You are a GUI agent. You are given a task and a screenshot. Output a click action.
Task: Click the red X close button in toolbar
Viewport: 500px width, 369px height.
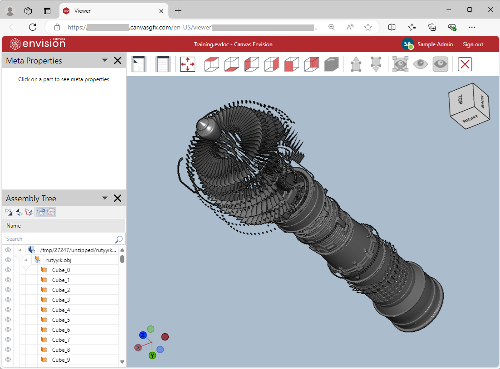pyautogui.click(x=465, y=64)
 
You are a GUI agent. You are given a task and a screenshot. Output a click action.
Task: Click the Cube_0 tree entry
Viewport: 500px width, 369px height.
pyautogui.click(x=61, y=270)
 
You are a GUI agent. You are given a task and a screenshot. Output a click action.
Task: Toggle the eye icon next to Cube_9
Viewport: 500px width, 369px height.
pyautogui.click(x=8, y=360)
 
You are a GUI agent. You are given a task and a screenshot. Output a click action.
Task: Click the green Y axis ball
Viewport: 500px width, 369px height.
pyautogui.click(x=152, y=355)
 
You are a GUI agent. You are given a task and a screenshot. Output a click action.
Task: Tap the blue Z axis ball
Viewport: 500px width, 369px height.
pyautogui.click(x=143, y=335)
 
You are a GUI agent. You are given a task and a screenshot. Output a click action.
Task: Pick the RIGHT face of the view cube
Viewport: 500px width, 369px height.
pyautogui.click(x=471, y=119)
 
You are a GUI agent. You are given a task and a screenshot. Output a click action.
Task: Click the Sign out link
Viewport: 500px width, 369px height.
pyautogui.click(x=473, y=44)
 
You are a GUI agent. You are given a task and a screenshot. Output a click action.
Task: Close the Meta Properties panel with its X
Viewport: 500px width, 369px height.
pyautogui.click(x=118, y=60)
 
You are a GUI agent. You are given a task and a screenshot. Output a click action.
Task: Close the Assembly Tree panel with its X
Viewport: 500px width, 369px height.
pyautogui.click(x=118, y=198)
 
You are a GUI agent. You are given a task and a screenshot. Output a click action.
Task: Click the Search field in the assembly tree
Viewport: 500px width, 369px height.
pyautogui.click(x=59, y=239)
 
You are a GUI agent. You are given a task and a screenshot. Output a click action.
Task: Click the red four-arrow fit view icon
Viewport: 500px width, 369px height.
pyautogui.click(x=187, y=64)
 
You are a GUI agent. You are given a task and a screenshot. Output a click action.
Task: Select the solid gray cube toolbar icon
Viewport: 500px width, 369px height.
pyautogui.click(x=332, y=64)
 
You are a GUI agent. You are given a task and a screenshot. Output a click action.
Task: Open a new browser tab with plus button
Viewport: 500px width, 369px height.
pyautogui.click(x=178, y=10)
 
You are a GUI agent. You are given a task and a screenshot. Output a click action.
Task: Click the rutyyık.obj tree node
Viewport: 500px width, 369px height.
pyautogui.click(x=59, y=260)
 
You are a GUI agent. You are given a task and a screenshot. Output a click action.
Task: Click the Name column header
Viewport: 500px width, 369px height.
pyautogui.click(x=14, y=226)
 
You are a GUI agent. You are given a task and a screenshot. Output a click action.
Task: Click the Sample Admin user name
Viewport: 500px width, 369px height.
pyautogui.click(x=435, y=44)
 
